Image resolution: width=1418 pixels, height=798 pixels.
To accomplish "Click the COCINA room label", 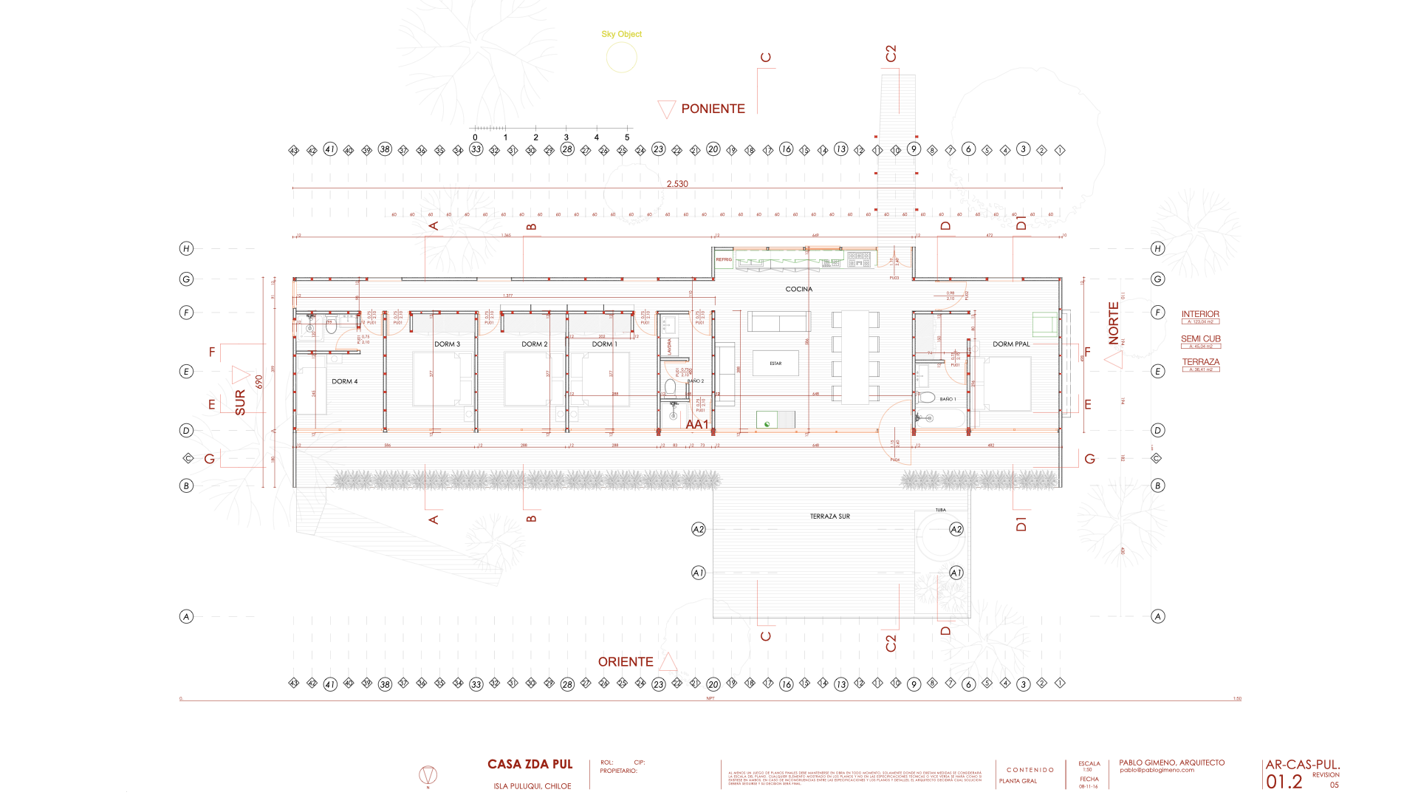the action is point(798,289).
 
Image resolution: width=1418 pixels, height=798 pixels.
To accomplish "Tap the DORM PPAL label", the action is point(1011,344).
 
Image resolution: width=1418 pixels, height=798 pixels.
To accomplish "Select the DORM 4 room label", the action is point(344,381).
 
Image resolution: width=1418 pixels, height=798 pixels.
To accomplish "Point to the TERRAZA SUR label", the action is point(829,516).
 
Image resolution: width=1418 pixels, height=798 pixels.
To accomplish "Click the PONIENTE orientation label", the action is point(713,109).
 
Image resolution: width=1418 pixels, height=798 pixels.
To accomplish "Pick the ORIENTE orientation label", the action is point(626,662).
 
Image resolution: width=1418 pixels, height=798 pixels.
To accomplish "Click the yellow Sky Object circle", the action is point(621,58).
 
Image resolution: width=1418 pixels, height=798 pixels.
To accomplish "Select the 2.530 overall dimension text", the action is point(677,184).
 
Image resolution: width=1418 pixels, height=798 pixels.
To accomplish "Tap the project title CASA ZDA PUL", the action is point(530,764).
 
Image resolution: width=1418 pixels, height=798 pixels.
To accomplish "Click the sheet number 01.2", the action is point(1284,782).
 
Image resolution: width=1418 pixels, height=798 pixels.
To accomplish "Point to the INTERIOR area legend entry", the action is point(1200,314).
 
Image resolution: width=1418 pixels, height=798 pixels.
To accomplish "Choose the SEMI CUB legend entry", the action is point(1200,338).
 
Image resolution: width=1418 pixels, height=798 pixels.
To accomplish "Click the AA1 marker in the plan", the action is point(697,424).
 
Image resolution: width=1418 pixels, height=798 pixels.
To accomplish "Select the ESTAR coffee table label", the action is point(775,364).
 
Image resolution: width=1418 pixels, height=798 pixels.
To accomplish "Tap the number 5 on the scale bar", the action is point(627,137).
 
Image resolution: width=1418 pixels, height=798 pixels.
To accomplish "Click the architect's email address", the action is point(1157,770).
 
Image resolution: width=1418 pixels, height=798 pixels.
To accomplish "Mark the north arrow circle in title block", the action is point(428,775).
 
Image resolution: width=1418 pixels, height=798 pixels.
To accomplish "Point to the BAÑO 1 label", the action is point(948,399).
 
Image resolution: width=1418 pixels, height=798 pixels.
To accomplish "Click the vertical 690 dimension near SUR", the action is point(259,382).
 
